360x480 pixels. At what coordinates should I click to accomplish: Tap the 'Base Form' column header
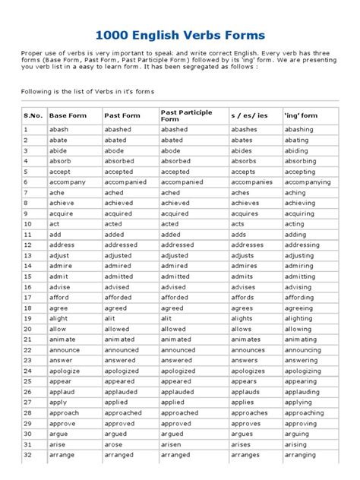(68, 115)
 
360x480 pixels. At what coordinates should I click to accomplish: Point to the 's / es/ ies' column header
(248, 115)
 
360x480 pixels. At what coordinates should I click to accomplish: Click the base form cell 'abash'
(58, 130)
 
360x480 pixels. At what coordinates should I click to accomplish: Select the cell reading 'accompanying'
(308, 182)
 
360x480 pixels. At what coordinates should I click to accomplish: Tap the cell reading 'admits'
(242, 277)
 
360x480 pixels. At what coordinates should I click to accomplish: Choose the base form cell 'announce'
(65, 350)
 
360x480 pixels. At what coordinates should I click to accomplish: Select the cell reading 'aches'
(241, 193)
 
